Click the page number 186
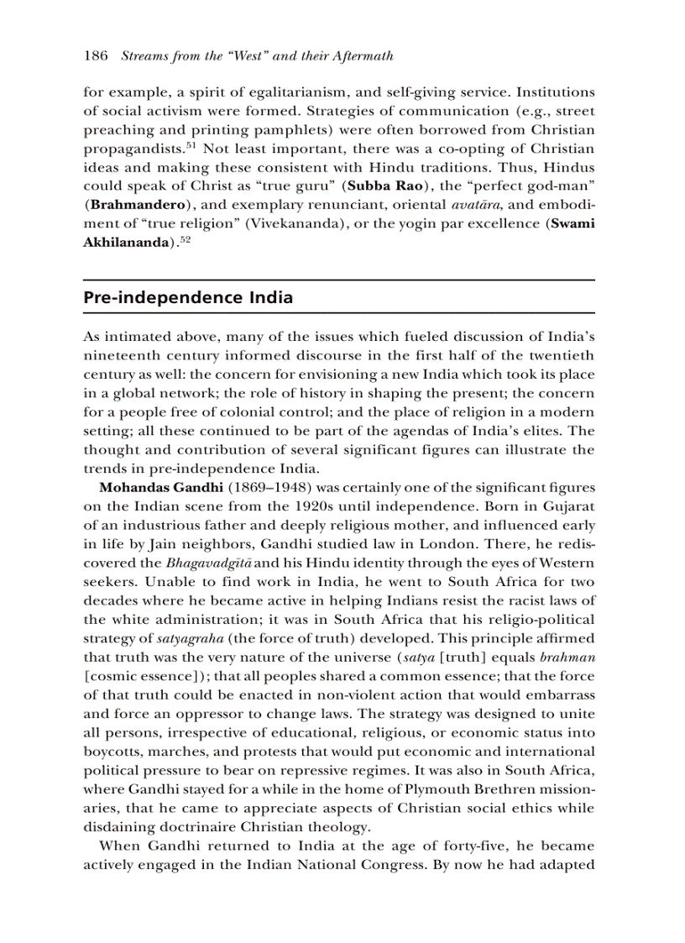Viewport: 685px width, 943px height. tap(96, 56)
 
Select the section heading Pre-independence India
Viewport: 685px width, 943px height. tap(188, 298)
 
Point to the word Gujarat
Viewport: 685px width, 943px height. tap(566, 506)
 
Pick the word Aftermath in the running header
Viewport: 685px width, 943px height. tap(363, 56)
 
